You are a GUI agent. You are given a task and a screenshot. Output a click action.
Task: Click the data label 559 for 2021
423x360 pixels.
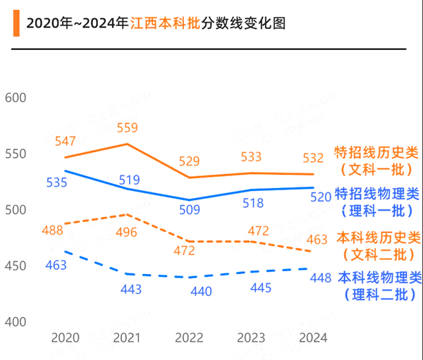(x=128, y=128)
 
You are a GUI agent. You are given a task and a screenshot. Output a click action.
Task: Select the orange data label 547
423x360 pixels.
(x=66, y=141)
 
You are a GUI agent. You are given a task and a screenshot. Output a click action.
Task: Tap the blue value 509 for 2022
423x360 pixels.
(x=190, y=209)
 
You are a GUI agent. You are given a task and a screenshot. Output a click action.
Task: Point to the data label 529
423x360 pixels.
(x=190, y=161)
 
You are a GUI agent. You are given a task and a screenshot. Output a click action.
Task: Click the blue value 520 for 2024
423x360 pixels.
(x=321, y=197)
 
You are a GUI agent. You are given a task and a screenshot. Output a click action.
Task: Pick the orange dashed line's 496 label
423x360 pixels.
(x=128, y=232)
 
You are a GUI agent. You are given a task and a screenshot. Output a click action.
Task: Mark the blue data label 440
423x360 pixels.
(x=200, y=291)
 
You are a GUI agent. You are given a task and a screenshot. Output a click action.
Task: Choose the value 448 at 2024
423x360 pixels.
(x=321, y=278)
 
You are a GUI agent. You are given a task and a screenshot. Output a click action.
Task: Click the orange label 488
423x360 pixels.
(x=53, y=230)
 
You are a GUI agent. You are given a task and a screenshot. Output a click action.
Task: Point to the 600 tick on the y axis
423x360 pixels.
(x=16, y=98)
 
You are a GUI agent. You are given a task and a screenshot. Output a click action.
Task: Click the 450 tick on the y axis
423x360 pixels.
(x=16, y=266)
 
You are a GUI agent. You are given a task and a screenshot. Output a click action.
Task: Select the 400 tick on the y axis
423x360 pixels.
(x=16, y=322)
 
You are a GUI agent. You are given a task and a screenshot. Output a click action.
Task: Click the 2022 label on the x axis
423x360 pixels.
(x=190, y=338)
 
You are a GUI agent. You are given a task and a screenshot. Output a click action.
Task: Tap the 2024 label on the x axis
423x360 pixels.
(x=313, y=338)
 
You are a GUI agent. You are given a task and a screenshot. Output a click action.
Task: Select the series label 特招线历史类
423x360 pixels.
(x=376, y=152)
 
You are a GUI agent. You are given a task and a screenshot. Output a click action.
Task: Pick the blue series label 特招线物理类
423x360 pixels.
(x=376, y=193)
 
